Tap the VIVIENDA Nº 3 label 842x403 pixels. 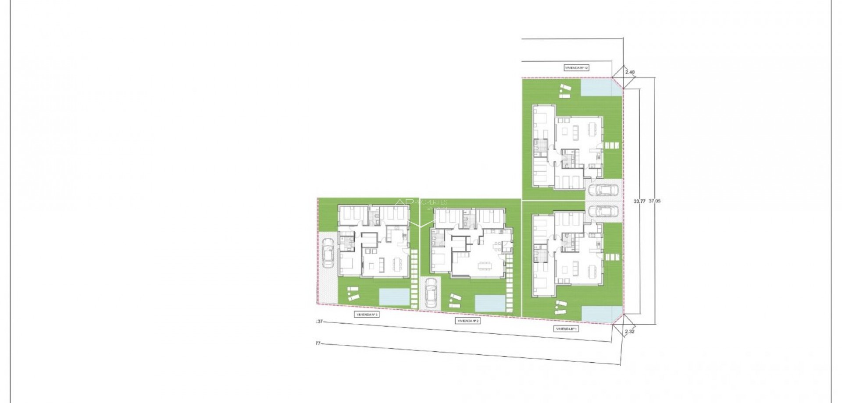click(367, 315)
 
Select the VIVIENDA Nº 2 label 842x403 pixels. click(469, 321)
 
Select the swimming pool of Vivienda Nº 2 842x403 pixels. click(490, 303)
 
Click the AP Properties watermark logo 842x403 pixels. click(421, 203)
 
